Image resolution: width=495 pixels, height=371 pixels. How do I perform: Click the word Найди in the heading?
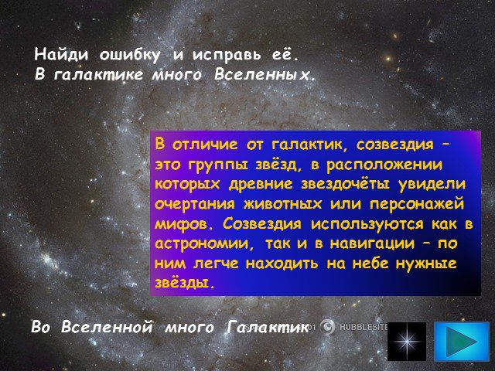61,54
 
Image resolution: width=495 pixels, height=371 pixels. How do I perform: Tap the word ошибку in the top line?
130,55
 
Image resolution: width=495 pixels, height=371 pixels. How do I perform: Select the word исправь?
227,56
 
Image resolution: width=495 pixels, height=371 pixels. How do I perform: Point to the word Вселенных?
264,75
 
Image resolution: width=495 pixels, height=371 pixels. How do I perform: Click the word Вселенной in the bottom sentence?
107,326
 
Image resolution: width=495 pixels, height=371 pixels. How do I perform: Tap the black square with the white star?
407,342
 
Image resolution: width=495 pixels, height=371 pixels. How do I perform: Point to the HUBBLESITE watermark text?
364,327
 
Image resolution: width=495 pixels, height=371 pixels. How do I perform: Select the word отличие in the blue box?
205,145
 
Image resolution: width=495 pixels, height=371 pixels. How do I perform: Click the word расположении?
384,165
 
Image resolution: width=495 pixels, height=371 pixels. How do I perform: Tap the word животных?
282,204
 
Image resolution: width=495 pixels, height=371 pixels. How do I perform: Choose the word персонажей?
417,204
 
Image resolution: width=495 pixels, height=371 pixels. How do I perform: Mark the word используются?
367,224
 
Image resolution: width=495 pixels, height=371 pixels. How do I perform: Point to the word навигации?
372,244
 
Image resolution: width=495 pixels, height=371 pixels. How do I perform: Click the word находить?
282,264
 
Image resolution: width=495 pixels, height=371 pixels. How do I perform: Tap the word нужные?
426,264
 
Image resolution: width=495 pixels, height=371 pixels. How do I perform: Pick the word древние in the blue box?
261,185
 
